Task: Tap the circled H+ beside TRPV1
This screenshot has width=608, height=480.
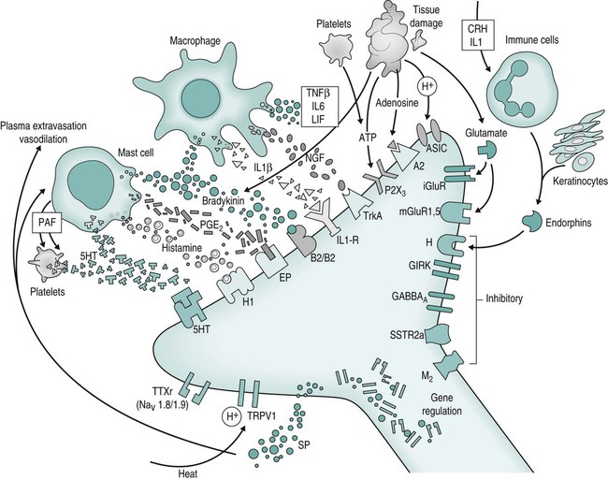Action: tap(230, 415)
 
